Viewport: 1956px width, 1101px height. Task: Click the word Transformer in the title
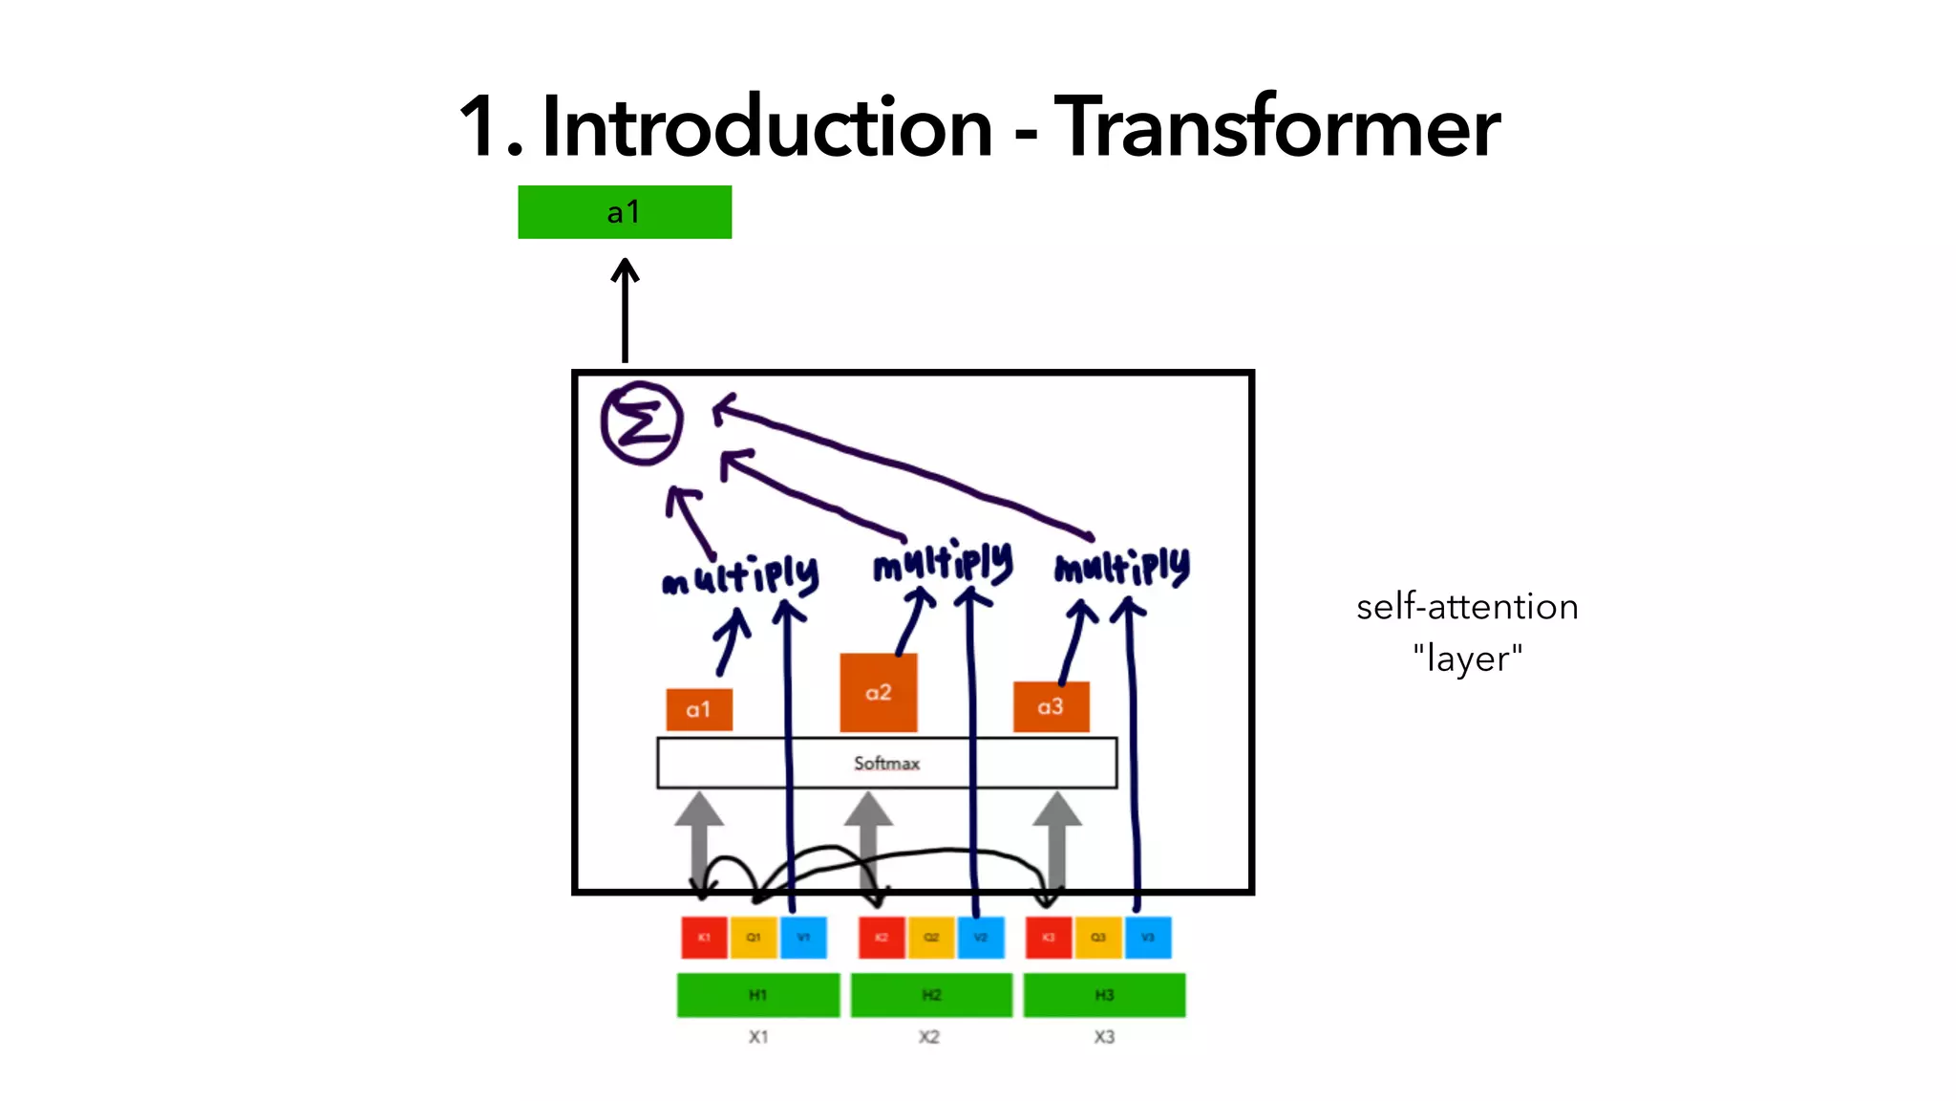tap(1276, 127)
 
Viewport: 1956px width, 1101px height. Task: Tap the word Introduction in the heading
tap(767, 127)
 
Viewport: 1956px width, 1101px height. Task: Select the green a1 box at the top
tap(625, 212)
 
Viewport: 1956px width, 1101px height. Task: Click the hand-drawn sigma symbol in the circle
tap(642, 422)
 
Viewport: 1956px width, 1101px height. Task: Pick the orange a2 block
tap(878, 692)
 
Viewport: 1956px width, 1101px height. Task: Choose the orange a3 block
tap(1051, 706)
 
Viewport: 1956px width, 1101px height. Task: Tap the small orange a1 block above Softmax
tap(699, 709)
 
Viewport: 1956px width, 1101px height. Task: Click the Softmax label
tap(886, 763)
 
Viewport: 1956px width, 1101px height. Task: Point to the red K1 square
tap(704, 938)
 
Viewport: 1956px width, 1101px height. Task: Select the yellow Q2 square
tap(931, 938)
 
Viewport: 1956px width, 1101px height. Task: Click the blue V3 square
tap(1147, 938)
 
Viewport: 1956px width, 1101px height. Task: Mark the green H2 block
tap(931, 995)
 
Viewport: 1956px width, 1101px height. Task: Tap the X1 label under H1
tap(758, 1037)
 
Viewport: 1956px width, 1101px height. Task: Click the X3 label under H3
tap(1104, 1037)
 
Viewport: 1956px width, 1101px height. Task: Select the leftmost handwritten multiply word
tap(740, 575)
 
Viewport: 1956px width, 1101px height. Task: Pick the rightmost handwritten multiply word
tap(1122, 567)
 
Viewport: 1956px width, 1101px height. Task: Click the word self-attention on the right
tap(1467, 607)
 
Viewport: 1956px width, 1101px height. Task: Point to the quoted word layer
tap(1467, 658)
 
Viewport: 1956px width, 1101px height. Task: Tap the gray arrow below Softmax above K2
tap(868, 831)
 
